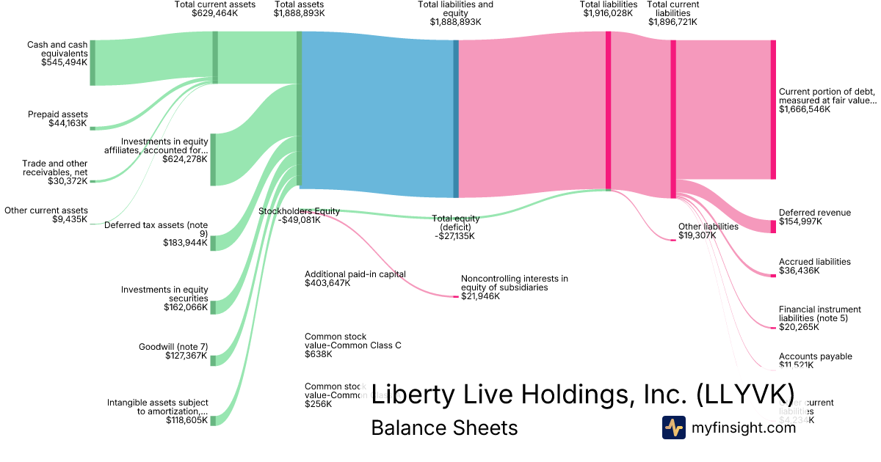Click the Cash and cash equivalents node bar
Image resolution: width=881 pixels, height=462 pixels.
coord(93,63)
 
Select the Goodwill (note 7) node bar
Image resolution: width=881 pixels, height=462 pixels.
coord(214,360)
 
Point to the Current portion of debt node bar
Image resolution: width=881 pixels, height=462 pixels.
coord(773,109)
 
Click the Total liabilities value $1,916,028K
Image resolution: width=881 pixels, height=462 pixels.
coord(608,13)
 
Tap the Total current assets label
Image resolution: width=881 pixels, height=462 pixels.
coord(214,4)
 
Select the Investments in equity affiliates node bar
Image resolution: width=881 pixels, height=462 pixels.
coord(214,159)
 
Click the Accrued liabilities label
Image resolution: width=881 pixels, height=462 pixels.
coord(814,262)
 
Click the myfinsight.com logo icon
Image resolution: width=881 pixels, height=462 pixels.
coord(673,428)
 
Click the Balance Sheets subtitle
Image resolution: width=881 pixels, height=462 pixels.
coord(444,428)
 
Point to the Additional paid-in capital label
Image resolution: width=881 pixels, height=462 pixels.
coord(355,274)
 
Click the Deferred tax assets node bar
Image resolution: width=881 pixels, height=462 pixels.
coord(214,243)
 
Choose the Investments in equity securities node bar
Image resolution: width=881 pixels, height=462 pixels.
coord(214,307)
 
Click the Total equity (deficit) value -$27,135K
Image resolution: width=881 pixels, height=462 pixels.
coord(454,236)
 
